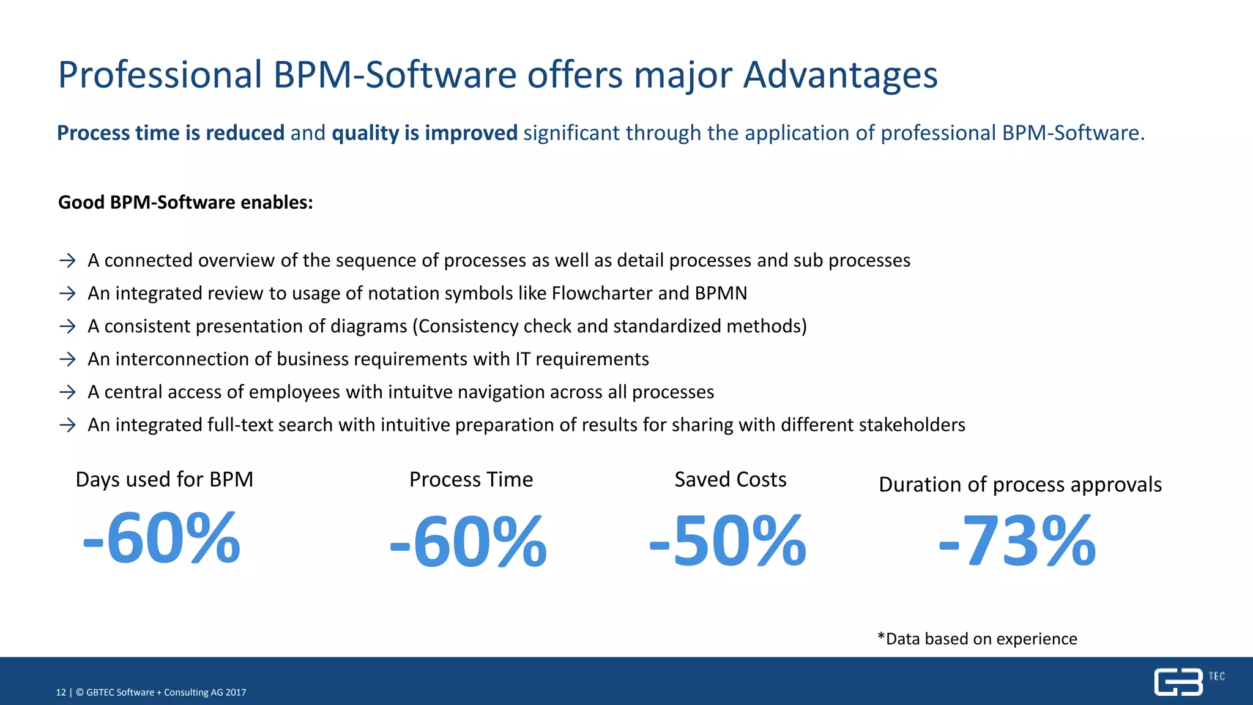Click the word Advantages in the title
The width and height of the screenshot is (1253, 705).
click(x=840, y=75)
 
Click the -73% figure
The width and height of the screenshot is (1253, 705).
click(x=1017, y=541)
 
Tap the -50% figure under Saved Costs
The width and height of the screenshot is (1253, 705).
click(x=727, y=541)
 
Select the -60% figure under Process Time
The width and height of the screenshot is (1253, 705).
click(x=468, y=541)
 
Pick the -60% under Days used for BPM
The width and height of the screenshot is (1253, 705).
click(x=162, y=538)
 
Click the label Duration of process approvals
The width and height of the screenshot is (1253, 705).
click(x=1020, y=485)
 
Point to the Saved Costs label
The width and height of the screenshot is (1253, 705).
click(x=730, y=479)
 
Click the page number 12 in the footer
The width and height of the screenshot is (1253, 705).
click(x=61, y=692)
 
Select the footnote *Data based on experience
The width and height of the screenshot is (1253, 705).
click(x=977, y=639)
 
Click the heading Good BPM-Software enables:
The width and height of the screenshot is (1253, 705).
click(x=185, y=203)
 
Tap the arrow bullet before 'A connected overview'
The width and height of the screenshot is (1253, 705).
click(x=67, y=261)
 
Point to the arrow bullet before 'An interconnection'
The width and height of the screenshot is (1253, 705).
click(x=67, y=359)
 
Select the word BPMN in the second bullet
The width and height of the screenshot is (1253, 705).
click(x=721, y=293)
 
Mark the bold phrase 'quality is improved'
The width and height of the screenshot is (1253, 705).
click(x=424, y=133)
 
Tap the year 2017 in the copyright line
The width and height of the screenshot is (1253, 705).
click(x=236, y=692)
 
